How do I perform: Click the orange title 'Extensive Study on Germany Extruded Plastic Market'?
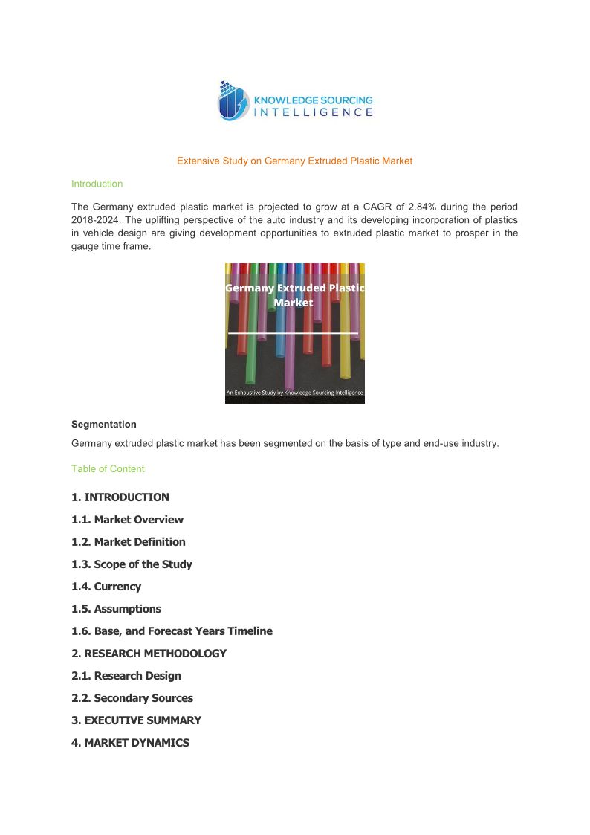pos(294,161)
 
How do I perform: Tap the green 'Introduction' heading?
pos(97,184)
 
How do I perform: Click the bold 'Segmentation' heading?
pos(103,425)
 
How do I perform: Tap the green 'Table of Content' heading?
pos(108,469)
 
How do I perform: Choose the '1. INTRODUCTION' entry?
pos(120,497)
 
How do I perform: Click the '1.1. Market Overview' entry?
pos(127,520)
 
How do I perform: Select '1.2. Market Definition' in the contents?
pos(129,542)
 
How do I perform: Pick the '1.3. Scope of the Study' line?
pos(132,564)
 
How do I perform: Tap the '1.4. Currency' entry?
pos(106,587)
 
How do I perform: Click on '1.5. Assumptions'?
pos(116,609)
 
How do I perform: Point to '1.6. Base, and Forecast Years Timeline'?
pos(172,631)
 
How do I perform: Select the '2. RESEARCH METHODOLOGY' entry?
pos(149,654)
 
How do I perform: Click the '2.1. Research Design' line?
pos(126,676)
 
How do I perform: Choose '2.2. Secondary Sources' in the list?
pos(132,698)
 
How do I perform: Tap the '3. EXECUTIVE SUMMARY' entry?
pos(136,720)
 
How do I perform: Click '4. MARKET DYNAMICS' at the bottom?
pos(130,743)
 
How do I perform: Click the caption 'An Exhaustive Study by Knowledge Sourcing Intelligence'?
pos(294,393)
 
